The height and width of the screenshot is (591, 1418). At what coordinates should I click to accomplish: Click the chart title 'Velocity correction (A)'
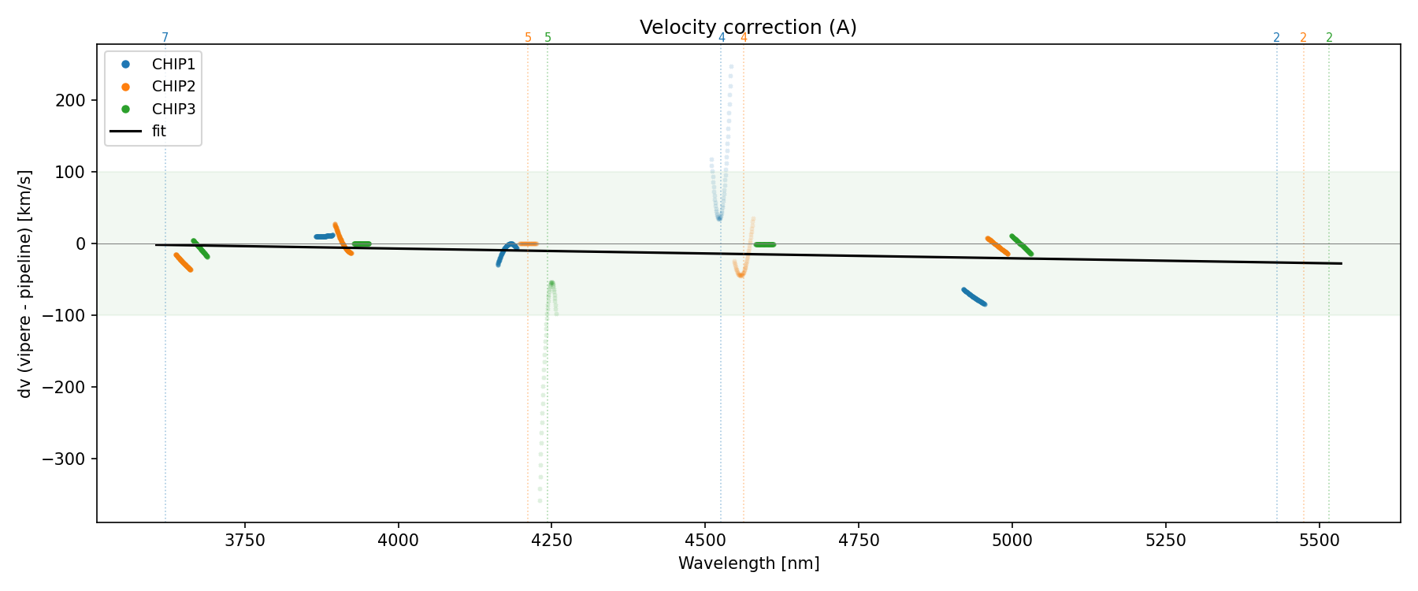(748, 28)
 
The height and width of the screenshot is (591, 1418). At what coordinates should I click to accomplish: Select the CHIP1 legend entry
(173, 65)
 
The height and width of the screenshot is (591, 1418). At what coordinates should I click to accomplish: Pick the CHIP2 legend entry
(173, 87)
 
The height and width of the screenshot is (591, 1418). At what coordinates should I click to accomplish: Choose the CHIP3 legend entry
(173, 109)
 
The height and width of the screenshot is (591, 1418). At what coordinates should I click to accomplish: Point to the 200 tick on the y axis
(72, 100)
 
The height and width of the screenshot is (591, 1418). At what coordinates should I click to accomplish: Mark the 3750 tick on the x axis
(245, 540)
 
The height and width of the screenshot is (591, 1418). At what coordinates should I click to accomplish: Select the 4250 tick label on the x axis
(551, 540)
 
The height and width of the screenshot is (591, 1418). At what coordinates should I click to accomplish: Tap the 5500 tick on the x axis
(1319, 540)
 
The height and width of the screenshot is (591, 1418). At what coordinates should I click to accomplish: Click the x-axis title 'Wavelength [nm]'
(748, 563)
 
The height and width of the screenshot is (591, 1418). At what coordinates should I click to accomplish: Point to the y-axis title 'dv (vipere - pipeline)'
(25, 284)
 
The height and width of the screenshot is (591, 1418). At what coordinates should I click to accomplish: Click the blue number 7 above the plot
(165, 38)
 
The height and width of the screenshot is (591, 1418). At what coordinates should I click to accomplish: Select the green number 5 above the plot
(548, 38)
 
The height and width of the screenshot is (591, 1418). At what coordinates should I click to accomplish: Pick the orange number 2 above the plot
(1303, 38)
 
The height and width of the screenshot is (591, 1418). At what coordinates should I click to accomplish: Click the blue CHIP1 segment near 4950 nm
(974, 297)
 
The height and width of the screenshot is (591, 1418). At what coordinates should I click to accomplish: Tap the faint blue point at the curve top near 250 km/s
(731, 67)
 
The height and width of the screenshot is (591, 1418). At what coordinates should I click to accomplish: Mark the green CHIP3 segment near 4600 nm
(764, 244)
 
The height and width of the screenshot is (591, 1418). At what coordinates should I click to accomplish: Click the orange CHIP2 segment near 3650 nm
(183, 262)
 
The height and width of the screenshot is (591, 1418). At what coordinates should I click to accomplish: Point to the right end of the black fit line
(1341, 263)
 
